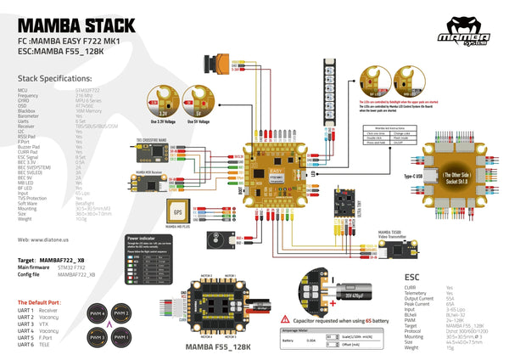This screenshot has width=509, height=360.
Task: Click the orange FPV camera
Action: coord(216,63)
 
